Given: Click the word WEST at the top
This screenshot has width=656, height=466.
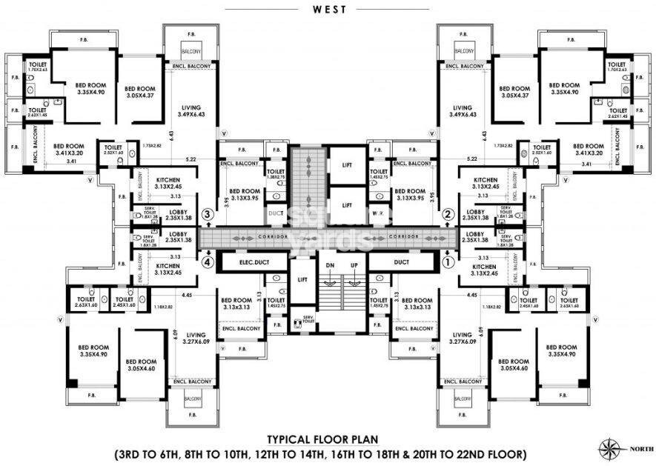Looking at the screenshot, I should click(328, 9).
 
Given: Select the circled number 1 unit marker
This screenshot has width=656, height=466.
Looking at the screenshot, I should click(447, 260).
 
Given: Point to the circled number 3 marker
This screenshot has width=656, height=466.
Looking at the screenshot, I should click(208, 214).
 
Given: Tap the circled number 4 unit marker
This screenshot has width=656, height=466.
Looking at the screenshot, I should click(208, 261).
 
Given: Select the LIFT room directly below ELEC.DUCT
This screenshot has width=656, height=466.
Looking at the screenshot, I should click(303, 280).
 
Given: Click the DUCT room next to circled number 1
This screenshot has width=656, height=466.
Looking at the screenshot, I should click(401, 262).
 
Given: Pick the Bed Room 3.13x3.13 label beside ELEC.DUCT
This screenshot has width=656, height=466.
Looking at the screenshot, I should click(238, 294).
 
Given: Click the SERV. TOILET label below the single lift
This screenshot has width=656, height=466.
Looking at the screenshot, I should click(302, 322).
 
